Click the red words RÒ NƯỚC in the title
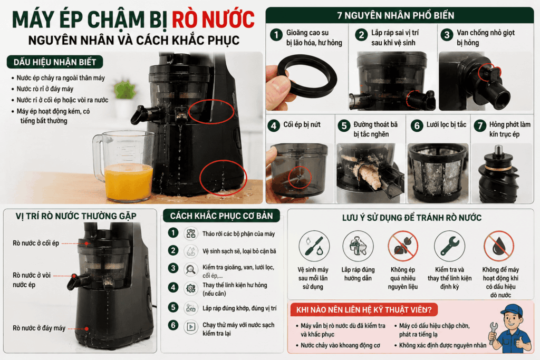coord(213,20)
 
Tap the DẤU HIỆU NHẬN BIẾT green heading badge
coord(55,62)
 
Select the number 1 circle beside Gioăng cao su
coord(276,35)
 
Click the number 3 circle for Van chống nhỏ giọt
coord(447,35)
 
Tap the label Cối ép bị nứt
coord(302,124)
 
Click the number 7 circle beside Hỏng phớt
coord(480,126)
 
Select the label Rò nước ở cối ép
coord(36,244)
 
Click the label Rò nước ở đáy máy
coord(39,328)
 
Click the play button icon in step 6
coord(191,326)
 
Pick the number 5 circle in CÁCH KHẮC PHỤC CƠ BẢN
coord(173,307)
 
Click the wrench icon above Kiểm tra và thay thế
coord(449,246)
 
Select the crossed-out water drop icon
coord(499,246)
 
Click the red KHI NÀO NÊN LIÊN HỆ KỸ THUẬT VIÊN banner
coord(364,310)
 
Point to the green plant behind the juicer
coord(124,90)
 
